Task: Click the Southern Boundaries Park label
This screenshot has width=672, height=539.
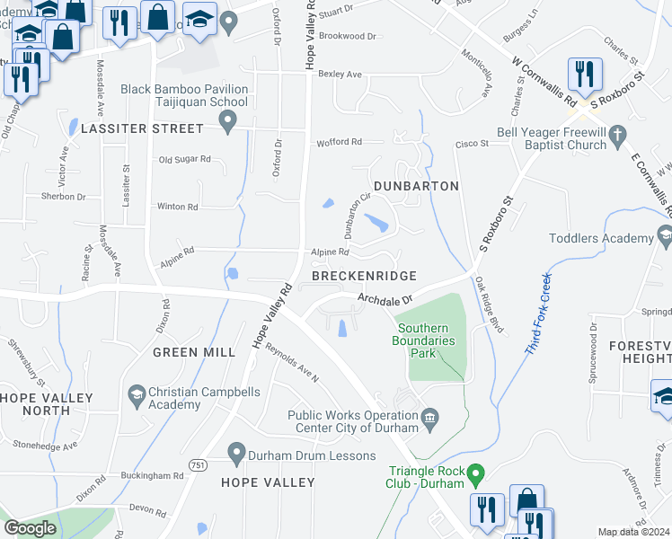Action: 427,340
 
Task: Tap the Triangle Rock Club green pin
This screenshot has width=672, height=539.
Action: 477,473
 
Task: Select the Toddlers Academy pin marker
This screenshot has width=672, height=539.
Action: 665,237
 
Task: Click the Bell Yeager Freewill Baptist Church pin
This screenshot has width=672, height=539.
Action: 616,136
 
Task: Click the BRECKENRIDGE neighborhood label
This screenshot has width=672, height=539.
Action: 364,276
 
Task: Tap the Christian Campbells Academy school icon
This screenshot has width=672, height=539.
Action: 136,393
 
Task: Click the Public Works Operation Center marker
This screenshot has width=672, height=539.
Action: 429,416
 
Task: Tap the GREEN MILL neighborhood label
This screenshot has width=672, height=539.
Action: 193,352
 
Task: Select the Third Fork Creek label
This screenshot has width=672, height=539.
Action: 538,311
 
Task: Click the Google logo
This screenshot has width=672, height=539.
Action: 30,528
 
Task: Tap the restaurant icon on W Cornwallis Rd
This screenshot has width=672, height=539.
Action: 585,75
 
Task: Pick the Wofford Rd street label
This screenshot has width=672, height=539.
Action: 338,143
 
